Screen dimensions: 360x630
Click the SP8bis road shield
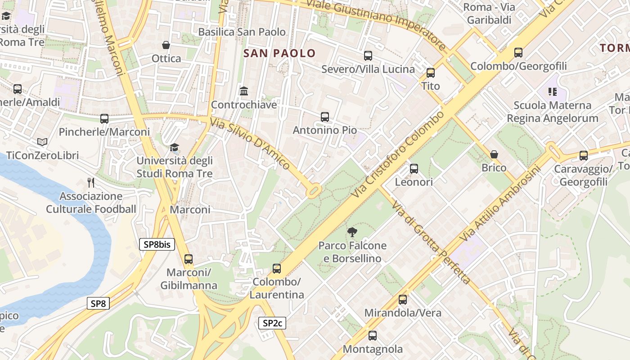point(157,244)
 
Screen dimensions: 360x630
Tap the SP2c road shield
point(272,323)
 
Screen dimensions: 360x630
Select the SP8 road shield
point(98,303)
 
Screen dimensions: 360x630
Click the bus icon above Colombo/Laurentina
point(277,269)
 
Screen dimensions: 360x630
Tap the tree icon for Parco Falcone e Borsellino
point(352,232)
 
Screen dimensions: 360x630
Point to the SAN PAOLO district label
point(279,53)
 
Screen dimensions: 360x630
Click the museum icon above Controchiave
point(244,91)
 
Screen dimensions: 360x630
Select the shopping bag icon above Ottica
point(166,45)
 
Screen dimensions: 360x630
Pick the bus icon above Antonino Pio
point(325,117)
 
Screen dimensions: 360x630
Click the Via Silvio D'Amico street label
point(250,143)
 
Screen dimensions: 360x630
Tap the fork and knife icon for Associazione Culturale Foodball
point(91,182)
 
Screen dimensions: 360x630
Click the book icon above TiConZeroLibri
point(42,142)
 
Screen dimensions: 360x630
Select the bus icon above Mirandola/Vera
point(403,299)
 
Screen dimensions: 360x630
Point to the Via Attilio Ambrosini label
point(499,203)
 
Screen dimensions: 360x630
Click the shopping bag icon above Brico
point(494,154)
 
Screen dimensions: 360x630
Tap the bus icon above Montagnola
point(373,335)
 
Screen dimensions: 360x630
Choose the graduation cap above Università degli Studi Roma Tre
point(174,147)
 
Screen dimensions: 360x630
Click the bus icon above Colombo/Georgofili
point(518,53)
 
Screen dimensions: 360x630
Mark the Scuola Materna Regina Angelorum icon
point(553,92)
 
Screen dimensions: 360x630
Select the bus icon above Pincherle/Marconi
point(104,119)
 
